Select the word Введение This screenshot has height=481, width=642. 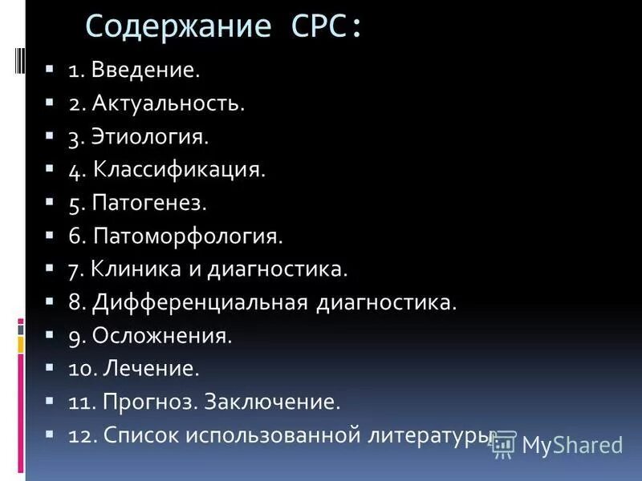pyautogui.click(x=145, y=70)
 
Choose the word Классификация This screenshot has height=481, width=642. pyautogui.click(x=179, y=170)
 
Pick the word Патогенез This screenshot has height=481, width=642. pyautogui.click(x=150, y=204)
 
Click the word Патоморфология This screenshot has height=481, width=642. pyautogui.click(x=188, y=236)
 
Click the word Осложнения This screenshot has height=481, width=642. pyautogui.click(x=162, y=336)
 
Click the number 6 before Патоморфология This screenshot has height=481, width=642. pyautogui.click(x=74, y=236)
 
